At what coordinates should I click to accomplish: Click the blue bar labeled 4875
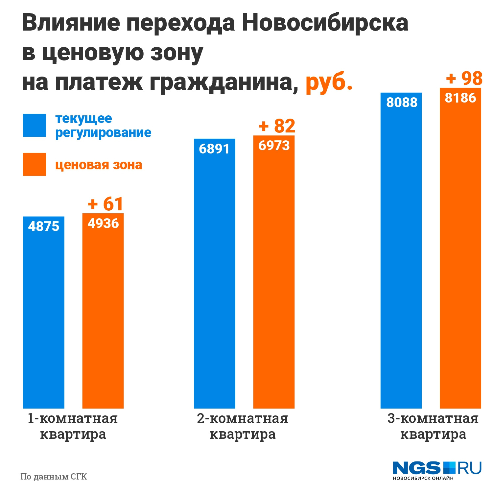click(x=44, y=312)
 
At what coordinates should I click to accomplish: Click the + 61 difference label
click(x=106, y=204)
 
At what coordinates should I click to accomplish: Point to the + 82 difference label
click(x=277, y=126)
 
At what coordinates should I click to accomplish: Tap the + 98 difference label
click(x=464, y=79)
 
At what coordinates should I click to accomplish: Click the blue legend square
click(x=35, y=125)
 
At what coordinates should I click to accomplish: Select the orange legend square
click(x=35, y=164)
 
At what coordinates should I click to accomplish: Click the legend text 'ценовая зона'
click(x=99, y=165)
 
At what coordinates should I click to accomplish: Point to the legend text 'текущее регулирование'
click(x=103, y=126)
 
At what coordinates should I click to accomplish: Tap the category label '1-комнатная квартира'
click(x=73, y=426)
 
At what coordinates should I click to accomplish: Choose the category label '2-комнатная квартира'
click(x=243, y=426)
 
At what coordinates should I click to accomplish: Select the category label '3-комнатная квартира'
click(x=433, y=426)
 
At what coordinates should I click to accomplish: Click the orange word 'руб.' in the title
click(x=329, y=82)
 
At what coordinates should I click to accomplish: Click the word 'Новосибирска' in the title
click(x=325, y=23)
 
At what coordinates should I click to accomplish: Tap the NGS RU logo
click(x=437, y=470)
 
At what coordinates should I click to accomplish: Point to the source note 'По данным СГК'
click(x=54, y=477)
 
